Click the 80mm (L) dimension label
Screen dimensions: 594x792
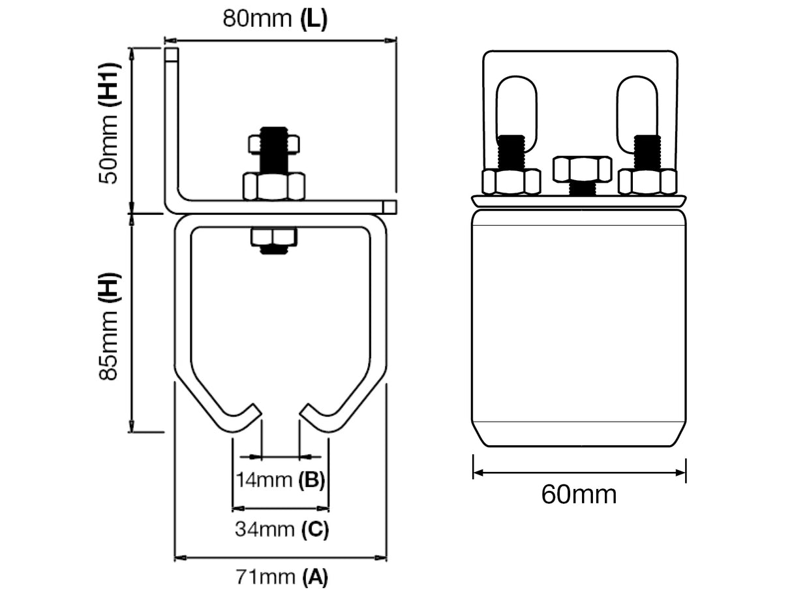coord(275,18)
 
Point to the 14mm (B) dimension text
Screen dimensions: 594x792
coord(280,480)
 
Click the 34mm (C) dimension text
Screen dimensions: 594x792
coord(281,529)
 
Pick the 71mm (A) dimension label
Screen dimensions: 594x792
coord(281,577)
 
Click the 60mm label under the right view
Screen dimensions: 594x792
coord(579,495)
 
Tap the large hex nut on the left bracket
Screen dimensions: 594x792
coord(274,186)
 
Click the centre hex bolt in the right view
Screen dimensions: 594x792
coord(582,170)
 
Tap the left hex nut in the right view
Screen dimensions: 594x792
coord(511,181)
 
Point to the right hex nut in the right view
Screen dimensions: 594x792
coord(647,181)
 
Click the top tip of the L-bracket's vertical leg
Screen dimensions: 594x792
coord(171,54)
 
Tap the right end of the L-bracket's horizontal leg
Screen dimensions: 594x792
coord(389,207)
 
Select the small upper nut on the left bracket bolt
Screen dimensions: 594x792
coord(274,143)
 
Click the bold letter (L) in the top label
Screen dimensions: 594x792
coord(314,18)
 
